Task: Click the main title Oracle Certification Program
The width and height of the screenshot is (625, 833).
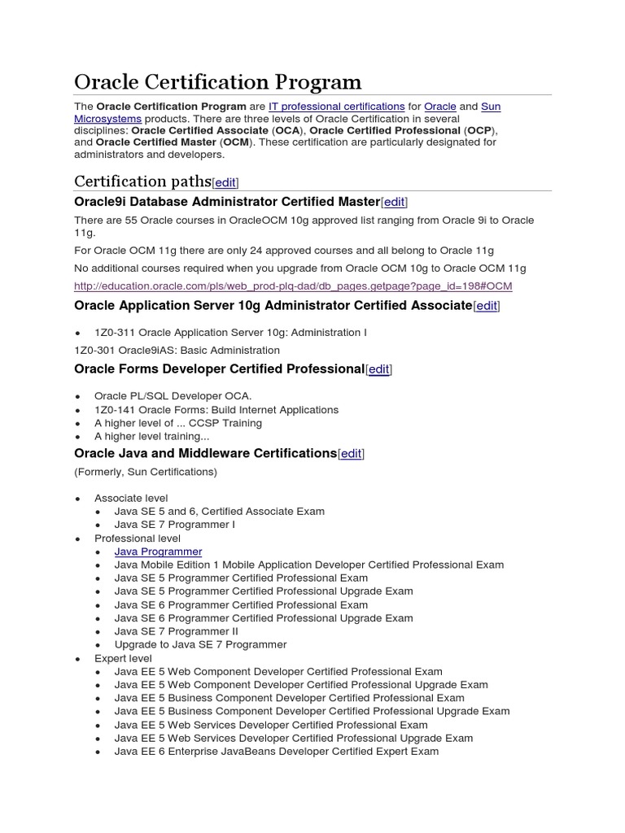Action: [217, 82]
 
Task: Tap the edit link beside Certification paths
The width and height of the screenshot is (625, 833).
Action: [225, 183]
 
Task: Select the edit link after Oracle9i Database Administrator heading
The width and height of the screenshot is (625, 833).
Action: [394, 202]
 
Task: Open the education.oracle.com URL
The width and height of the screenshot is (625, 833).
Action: [293, 286]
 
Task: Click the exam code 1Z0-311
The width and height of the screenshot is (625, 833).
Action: [115, 333]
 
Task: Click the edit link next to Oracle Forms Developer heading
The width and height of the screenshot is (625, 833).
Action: [378, 369]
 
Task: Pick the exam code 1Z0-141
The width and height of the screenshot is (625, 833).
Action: [115, 410]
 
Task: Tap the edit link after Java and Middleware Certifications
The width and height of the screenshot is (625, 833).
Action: [351, 454]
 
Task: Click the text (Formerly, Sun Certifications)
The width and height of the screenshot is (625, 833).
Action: [146, 472]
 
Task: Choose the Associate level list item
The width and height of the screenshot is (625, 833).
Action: [131, 498]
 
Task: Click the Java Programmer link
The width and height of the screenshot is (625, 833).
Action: [158, 552]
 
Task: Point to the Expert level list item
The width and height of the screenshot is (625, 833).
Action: [123, 658]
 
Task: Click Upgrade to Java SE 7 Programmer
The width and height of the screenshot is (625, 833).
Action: [200, 644]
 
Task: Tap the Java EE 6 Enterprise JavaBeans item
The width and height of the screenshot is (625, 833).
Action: [276, 752]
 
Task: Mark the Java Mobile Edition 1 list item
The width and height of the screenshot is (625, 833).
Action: [308, 565]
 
